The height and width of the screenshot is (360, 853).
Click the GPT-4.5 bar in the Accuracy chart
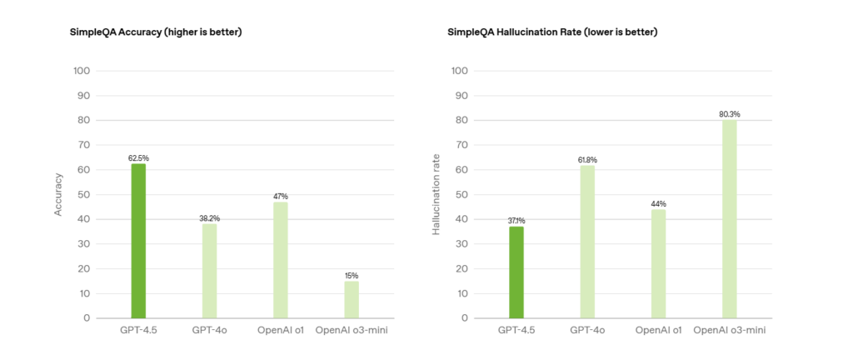pos(138,240)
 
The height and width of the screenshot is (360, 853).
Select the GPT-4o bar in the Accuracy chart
pos(209,270)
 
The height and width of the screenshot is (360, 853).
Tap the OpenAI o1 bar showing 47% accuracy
pos(280,259)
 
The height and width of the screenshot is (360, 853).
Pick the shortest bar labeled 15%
pos(352,299)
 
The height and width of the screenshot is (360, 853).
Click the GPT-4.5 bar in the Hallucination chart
pos(516,272)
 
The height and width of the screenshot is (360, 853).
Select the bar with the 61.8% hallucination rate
pos(587,241)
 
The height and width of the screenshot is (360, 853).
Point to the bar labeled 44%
pos(659,263)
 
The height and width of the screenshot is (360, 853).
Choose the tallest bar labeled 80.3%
pos(730,218)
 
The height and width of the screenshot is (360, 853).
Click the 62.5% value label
pos(138,157)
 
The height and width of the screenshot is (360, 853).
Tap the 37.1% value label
pos(516,220)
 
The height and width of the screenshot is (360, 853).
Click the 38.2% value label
pos(209,217)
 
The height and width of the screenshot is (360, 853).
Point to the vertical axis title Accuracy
pos(58,194)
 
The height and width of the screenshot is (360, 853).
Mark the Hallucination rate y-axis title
pos(436,194)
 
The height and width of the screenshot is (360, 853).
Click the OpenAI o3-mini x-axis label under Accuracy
pos(352,331)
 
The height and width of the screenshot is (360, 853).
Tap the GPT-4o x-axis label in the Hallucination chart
pos(587,331)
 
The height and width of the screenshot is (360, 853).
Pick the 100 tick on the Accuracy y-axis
pos(82,71)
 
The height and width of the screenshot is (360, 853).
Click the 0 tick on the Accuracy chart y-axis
pos(87,317)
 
